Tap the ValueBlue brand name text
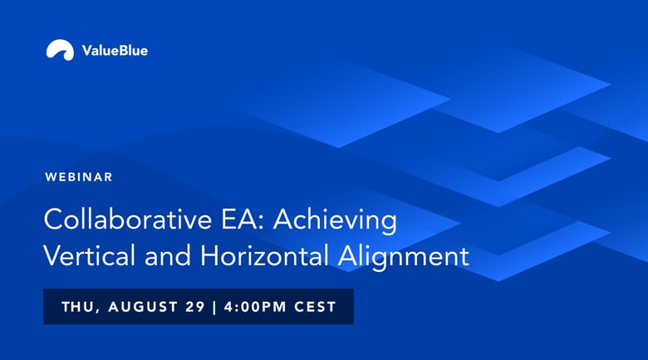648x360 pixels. point(115,51)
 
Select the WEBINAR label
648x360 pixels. point(79,177)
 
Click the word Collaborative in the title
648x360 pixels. point(128,219)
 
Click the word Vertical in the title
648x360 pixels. point(89,255)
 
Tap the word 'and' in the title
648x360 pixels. point(167,255)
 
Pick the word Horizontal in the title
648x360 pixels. point(264,255)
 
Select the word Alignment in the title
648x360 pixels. point(404,257)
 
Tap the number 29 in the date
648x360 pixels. point(195,307)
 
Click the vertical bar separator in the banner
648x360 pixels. point(214,307)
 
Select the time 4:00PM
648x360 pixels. point(255,307)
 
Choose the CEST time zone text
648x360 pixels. point(316,307)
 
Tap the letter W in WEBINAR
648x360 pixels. point(51,177)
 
